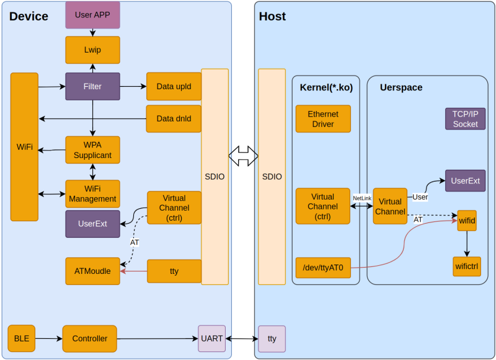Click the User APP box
(92, 15)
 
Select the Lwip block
(92, 50)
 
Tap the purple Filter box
(92, 87)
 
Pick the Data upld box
(174, 87)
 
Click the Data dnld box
(174, 118)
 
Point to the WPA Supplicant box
(92, 150)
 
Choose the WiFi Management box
(92, 194)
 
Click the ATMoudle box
(92, 271)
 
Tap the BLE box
(22, 338)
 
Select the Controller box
(89, 339)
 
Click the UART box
(211, 339)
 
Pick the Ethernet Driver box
(323, 119)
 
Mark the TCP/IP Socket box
(465, 119)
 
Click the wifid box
(467, 221)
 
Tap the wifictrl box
(466, 266)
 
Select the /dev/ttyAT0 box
(323, 268)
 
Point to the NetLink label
(362, 198)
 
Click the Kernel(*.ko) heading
(326, 88)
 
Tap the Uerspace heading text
(401, 88)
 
